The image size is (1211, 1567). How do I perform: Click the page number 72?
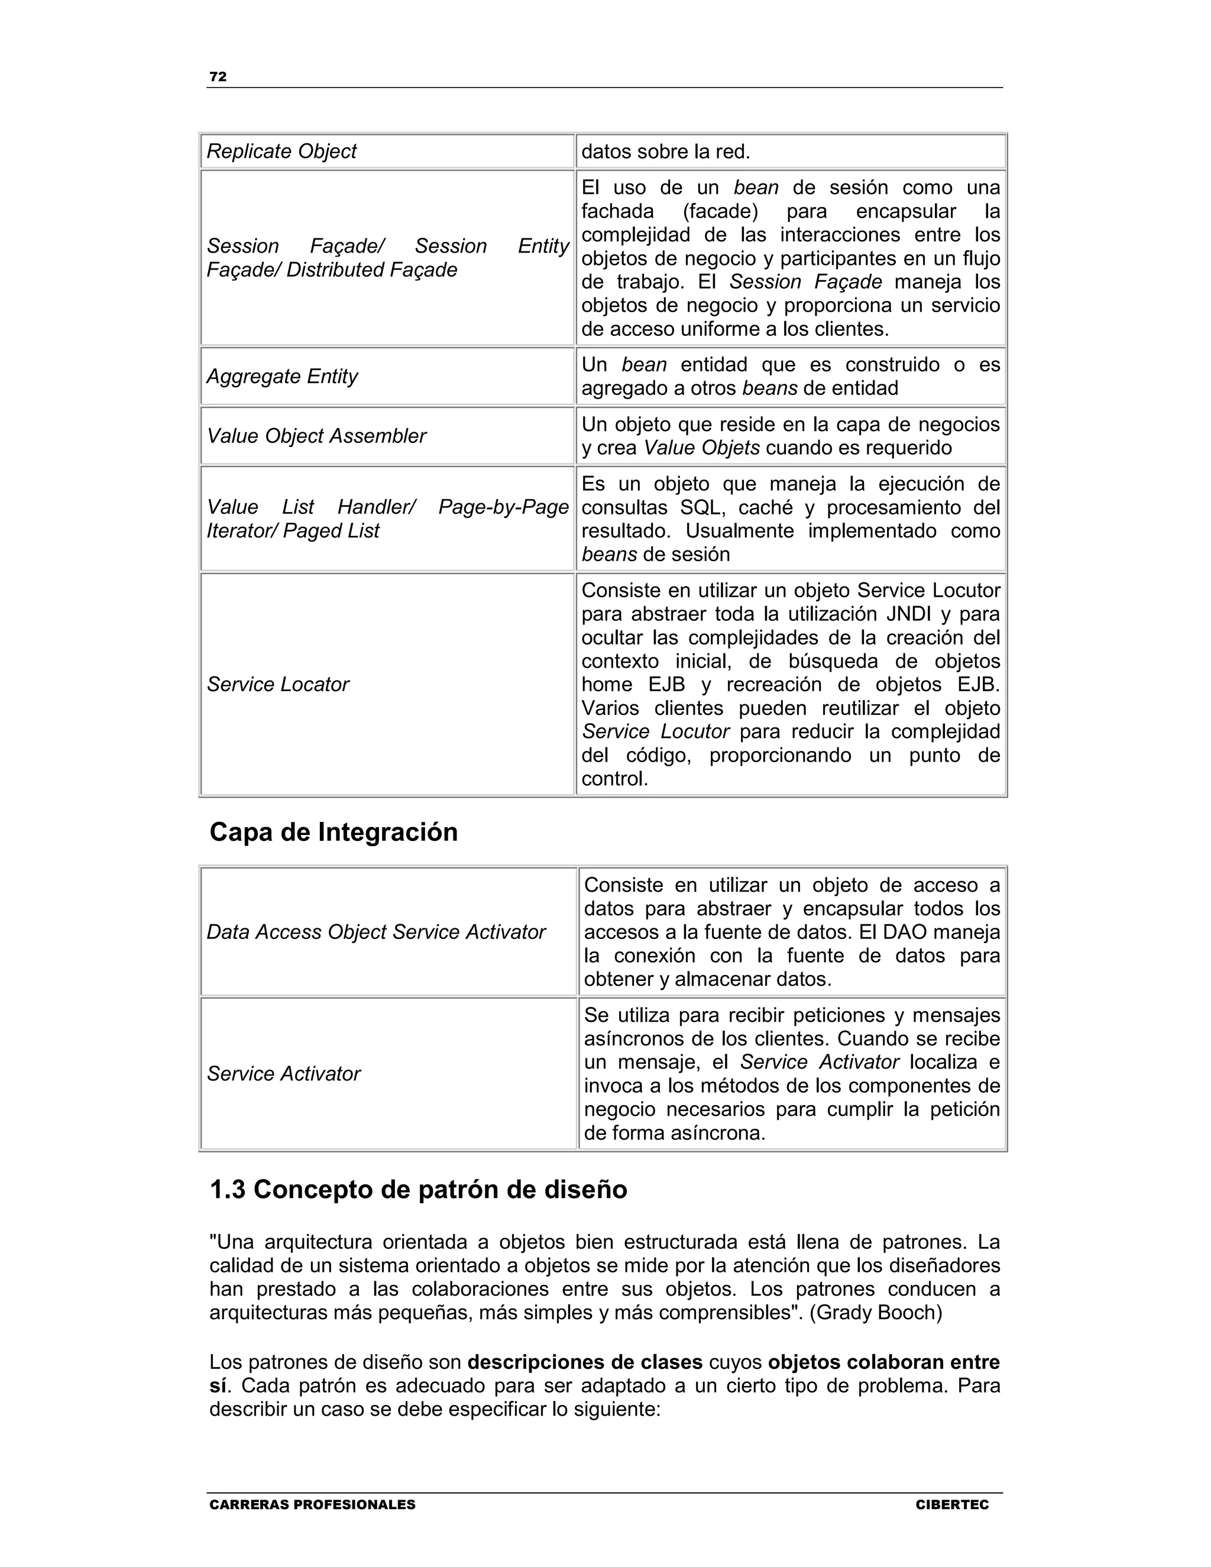pos(218,77)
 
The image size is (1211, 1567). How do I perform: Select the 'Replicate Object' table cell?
pos(281,151)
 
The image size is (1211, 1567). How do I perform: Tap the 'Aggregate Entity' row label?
pos(282,376)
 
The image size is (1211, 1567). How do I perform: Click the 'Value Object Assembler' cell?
pos(316,436)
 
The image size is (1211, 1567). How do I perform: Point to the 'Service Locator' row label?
pos(278,685)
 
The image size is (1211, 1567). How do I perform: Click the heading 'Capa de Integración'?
pos(333,833)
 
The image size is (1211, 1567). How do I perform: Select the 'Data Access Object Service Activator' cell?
pos(376,932)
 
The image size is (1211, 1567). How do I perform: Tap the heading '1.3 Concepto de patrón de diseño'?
pos(418,1190)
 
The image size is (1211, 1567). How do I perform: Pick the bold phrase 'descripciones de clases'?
pos(585,1362)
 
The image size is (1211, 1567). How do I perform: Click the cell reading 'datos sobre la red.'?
pos(665,151)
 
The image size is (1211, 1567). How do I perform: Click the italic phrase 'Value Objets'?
pos(701,448)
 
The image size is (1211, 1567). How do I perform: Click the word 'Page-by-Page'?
pos(503,507)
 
